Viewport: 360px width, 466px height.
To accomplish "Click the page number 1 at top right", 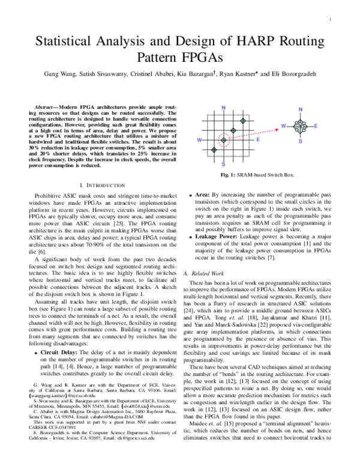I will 331,19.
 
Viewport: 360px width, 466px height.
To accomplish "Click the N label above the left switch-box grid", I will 223,107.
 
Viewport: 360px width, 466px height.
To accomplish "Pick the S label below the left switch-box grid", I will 223,163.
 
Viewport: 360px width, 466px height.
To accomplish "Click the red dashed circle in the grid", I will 223,140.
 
